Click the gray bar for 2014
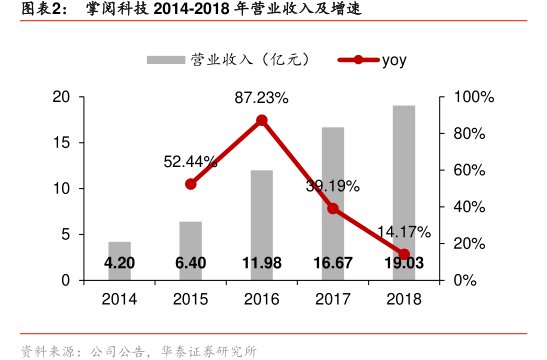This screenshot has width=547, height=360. pyautogui.click(x=119, y=249)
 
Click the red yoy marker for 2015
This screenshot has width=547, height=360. pyautogui.click(x=190, y=184)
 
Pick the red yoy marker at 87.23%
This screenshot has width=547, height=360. pyautogui.click(x=261, y=120)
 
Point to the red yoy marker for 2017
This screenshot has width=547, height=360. pyautogui.click(x=333, y=208)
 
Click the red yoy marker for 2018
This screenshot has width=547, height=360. pyautogui.click(x=404, y=254)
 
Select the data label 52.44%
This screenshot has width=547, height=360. pyautogui.click(x=191, y=161)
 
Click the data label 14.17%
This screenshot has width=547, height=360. pyautogui.click(x=404, y=232)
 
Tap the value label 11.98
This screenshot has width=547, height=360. pyautogui.click(x=261, y=264)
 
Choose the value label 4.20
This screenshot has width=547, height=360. pyautogui.click(x=119, y=264)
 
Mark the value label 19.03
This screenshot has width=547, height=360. pyautogui.click(x=404, y=264)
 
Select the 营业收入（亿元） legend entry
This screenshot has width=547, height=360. pyautogui.click(x=230, y=59)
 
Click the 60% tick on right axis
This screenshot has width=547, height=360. pyautogui.click(x=469, y=170)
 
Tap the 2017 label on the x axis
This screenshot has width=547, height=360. pyautogui.click(x=333, y=299)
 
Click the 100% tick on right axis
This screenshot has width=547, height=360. pyautogui.click(x=473, y=97)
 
